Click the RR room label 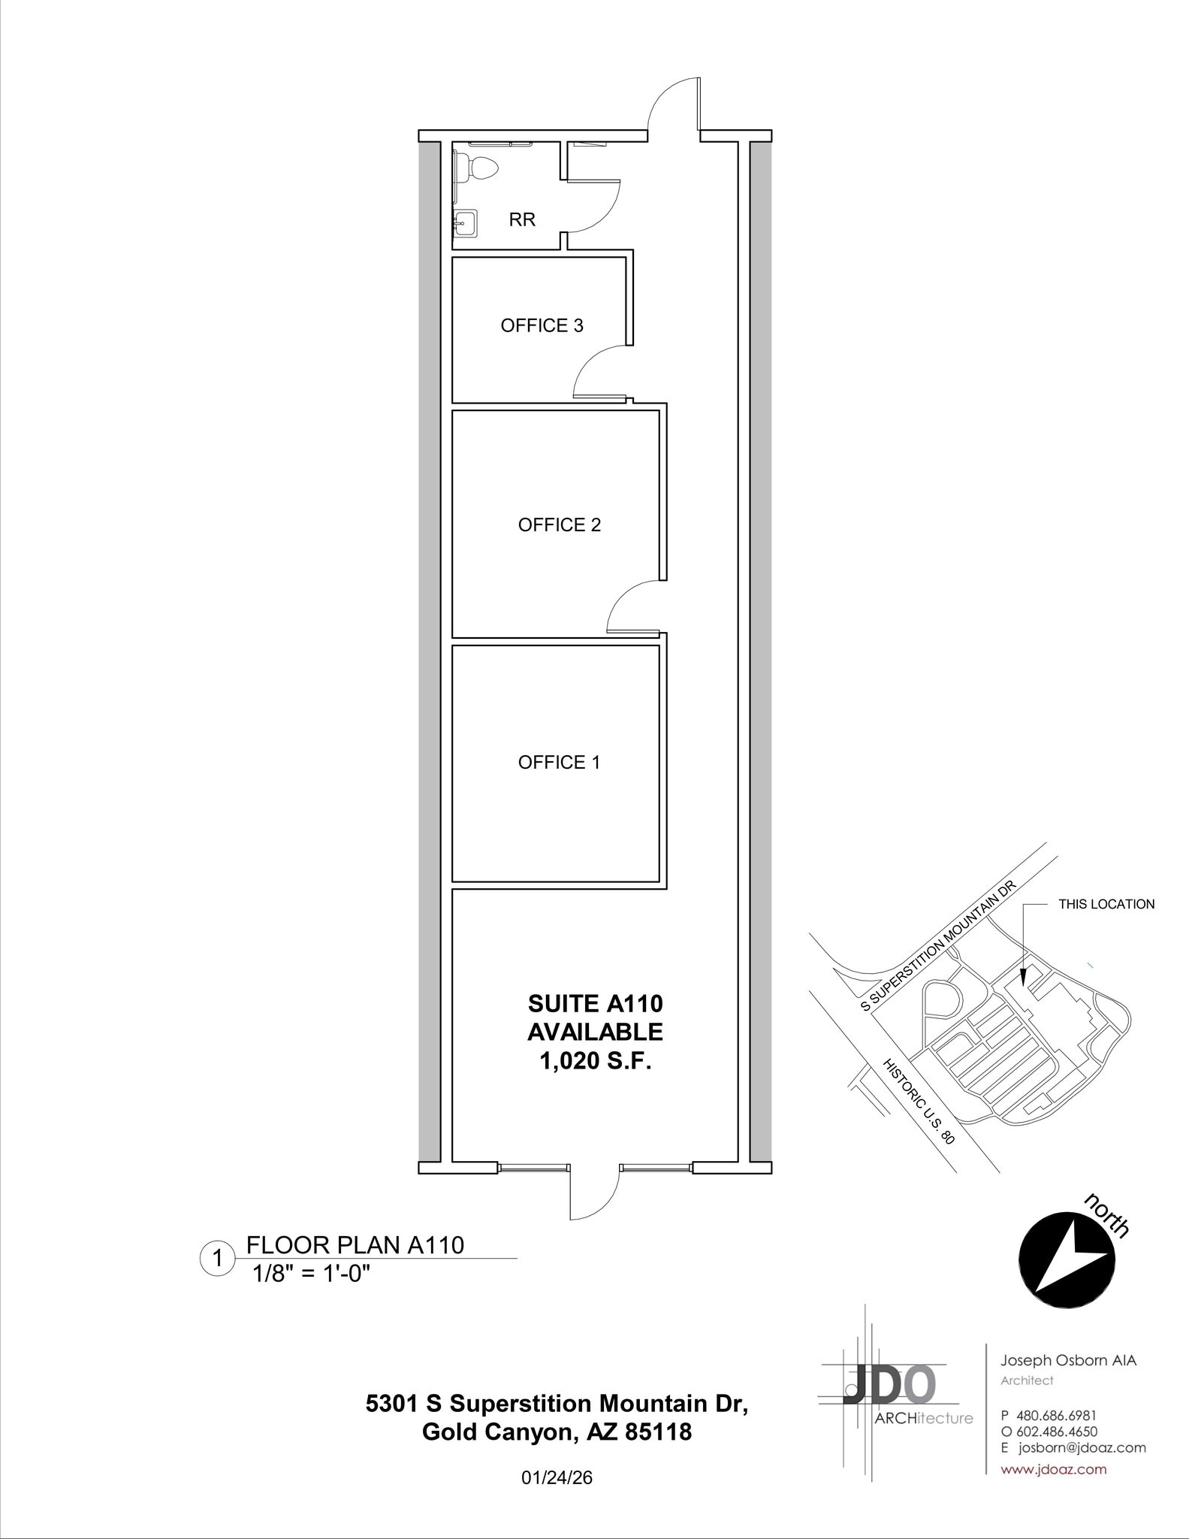click(522, 220)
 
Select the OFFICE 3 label click(542, 325)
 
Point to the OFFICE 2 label click(560, 525)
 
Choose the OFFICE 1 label click(559, 763)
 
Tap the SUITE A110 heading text click(595, 1003)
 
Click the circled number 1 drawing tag click(218, 1258)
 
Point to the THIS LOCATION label click(1106, 904)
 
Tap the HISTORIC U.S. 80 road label click(918, 1101)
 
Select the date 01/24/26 click(557, 1478)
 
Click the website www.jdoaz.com click(1053, 1469)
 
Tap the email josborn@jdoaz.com click(1082, 1448)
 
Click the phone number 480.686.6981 click(1056, 1416)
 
